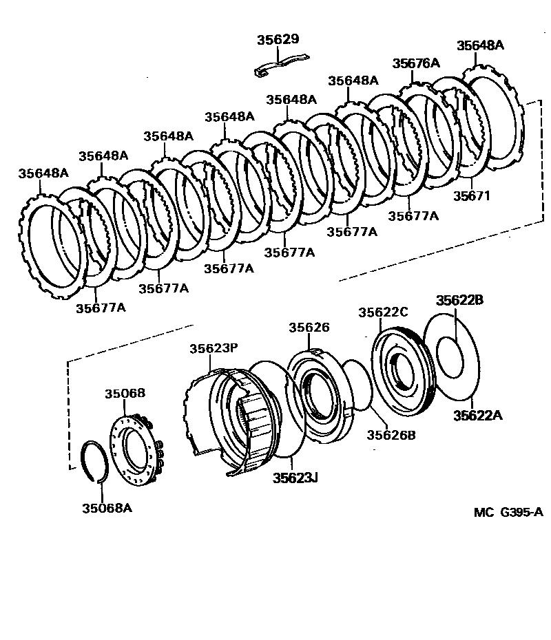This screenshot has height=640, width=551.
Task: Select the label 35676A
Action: click(416, 63)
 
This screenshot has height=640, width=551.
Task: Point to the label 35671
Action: click(471, 195)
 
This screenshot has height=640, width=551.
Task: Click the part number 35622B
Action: click(459, 300)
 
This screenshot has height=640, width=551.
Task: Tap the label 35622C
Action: click(383, 312)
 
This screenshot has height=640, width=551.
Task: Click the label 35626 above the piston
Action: click(309, 328)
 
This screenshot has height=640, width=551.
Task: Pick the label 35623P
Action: click(214, 349)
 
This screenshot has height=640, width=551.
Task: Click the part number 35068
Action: click(125, 394)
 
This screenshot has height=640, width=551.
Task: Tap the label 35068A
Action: click(107, 509)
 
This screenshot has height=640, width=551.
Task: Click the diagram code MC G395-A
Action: click(508, 513)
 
